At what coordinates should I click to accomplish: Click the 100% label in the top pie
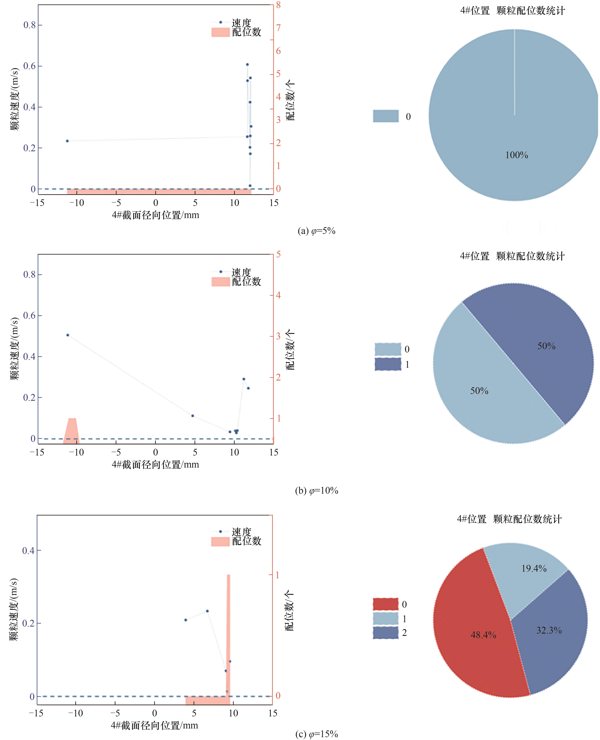(x=516, y=155)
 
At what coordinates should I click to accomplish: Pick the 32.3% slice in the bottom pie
(x=549, y=639)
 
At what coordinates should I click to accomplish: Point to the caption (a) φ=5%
(x=316, y=231)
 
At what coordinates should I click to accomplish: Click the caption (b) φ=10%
(x=316, y=491)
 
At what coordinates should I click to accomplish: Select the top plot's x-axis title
(x=155, y=215)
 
